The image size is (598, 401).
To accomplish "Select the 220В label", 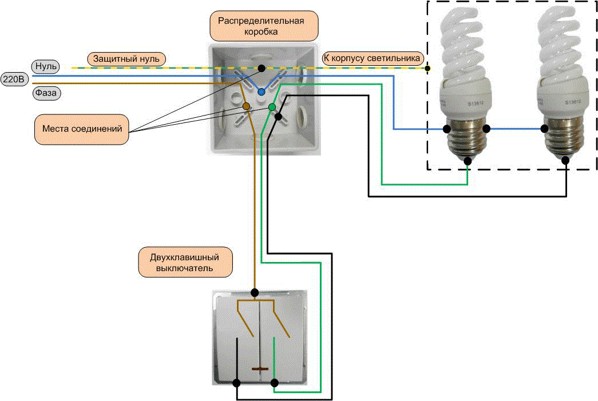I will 14,79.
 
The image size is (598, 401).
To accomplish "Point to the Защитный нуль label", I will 127,58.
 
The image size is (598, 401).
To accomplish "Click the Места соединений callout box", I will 81,129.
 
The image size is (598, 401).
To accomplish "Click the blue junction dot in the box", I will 261,92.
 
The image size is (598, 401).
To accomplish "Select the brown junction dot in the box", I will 246,106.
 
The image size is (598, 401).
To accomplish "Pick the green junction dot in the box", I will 272,107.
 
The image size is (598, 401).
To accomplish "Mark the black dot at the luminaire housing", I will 428,68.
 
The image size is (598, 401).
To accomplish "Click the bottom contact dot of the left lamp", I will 468,161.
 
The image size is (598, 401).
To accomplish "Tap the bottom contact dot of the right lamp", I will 565,161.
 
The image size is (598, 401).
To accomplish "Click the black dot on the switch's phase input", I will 254,292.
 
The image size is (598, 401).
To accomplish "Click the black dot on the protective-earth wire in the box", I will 262,68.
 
